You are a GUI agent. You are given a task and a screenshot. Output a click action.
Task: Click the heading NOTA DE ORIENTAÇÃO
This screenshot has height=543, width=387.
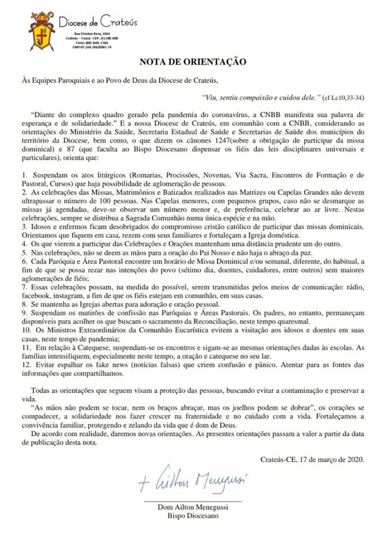(x=192, y=61)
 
